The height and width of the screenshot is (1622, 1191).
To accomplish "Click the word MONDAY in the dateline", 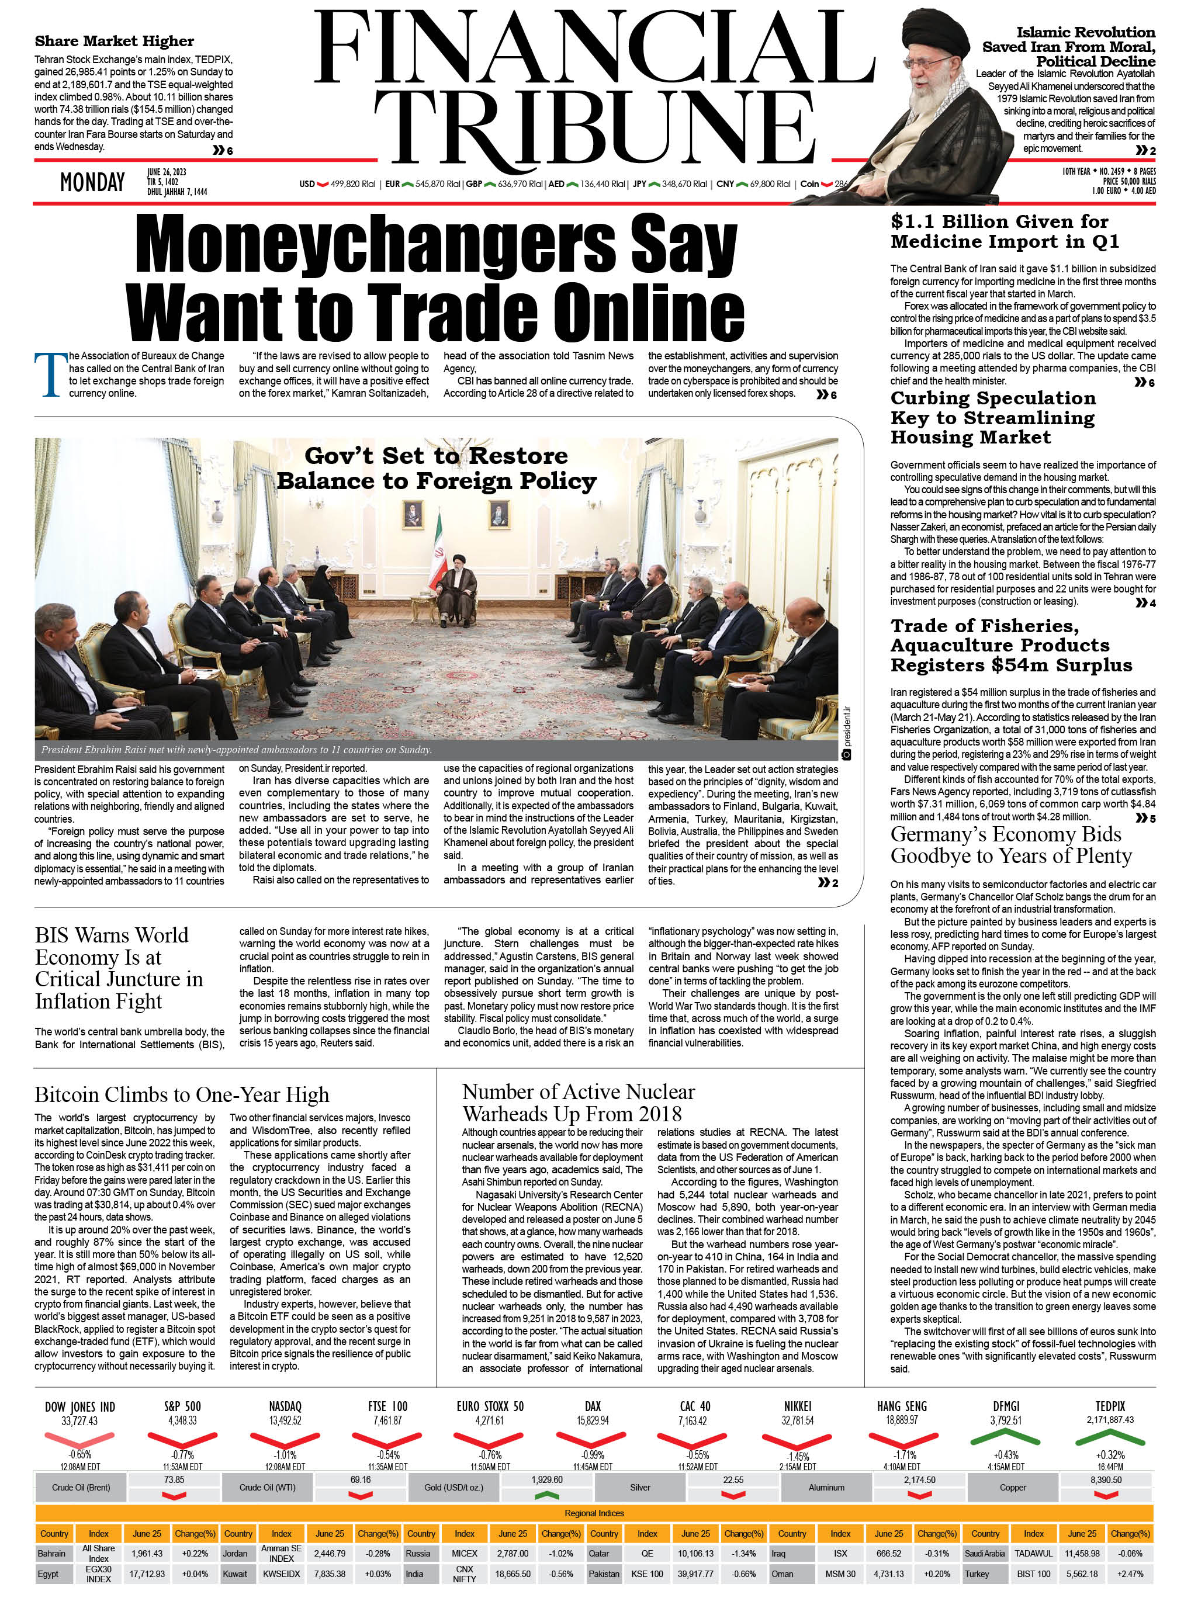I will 92,182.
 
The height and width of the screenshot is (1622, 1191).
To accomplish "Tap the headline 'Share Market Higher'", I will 114,41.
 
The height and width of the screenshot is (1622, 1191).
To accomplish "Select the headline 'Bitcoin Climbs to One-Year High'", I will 182,1095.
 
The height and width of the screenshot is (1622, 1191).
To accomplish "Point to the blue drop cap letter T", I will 50,375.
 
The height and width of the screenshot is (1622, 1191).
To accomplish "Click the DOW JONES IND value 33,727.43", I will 79,1421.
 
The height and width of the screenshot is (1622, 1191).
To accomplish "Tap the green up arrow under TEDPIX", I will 1110,1439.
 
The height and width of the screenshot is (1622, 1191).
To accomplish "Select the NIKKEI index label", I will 797,1406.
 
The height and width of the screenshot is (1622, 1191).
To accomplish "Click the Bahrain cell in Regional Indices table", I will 52,1554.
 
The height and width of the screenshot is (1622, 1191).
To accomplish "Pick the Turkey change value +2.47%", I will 1130,1574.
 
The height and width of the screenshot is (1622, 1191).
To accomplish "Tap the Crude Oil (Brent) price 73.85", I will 174,1479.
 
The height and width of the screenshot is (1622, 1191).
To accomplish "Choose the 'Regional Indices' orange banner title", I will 595,1513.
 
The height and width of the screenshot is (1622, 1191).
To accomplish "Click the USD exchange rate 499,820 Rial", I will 352,184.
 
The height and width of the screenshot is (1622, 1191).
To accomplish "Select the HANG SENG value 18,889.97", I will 902,1420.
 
